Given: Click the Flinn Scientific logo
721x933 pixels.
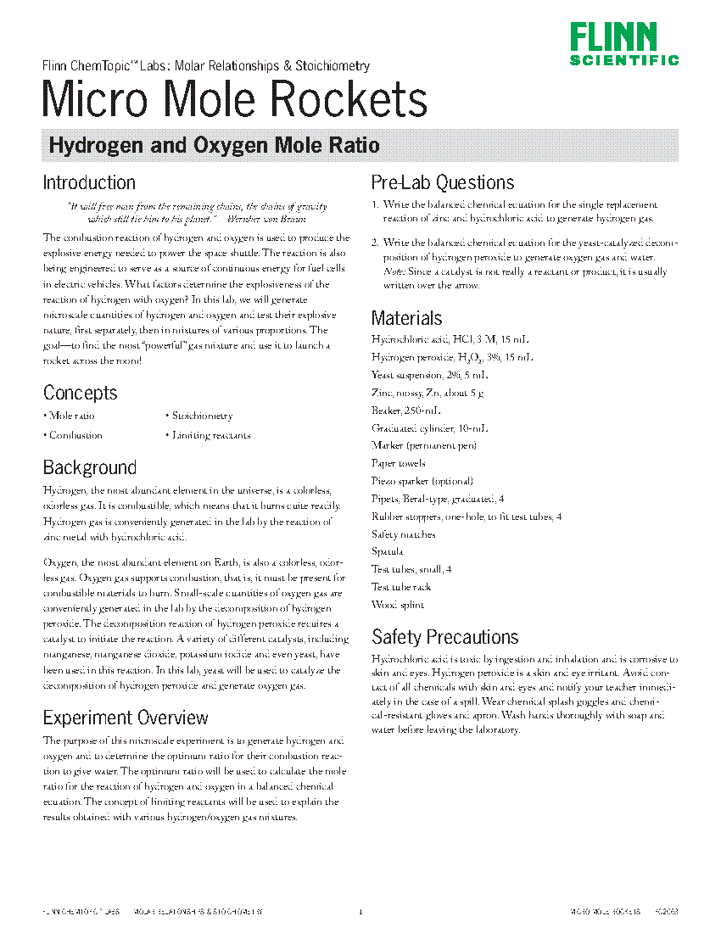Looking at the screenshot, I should [623, 44].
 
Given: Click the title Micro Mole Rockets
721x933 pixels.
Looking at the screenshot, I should [235, 100].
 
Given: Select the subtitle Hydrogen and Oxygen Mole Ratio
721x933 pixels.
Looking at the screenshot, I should [214, 145].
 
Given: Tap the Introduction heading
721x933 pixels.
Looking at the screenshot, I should [89, 182].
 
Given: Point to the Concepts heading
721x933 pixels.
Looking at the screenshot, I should [80, 393].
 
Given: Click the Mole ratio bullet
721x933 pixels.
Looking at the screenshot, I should [70, 416].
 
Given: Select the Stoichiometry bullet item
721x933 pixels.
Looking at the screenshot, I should [199, 416].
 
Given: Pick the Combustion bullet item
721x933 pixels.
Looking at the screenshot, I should [73, 435].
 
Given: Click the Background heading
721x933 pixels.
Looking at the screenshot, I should [89, 467].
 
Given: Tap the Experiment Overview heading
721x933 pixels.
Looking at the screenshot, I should [126, 718].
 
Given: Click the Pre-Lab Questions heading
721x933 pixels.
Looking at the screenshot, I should [443, 182].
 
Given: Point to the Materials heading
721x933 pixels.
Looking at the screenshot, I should [406, 318].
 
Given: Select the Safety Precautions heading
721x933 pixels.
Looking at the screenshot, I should [444, 637].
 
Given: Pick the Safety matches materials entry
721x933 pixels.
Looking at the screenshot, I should [404, 534].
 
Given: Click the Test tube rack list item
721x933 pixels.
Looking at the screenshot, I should [401, 587].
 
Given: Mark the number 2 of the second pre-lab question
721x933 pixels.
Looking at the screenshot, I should [374, 243].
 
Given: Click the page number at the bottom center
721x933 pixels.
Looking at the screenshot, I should [360, 912].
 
